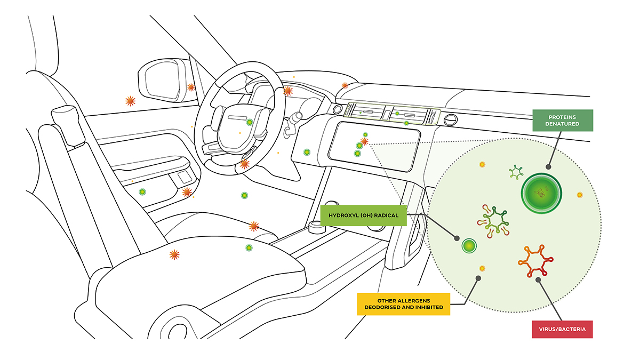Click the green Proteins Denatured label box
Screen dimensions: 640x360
pyautogui.click(x=563, y=121)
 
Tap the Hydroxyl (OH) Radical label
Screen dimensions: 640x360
pyautogui.click(x=363, y=215)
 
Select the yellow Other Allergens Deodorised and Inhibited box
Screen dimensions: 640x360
pyautogui.click(x=403, y=304)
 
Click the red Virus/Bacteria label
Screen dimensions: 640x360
pyautogui.click(x=562, y=329)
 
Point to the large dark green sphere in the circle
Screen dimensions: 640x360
pyautogui.click(x=541, y=194)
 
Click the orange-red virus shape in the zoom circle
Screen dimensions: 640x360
pyautogui.click(x=535, y=261)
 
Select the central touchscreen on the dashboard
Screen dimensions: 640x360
pyautogui.click(x=374, y=146)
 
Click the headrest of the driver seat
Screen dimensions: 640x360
pyautogui.click(x=68, y=125)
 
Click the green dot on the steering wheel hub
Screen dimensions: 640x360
pyautogui.click(x=250, y=122)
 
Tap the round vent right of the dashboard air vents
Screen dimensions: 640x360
pyautogui.click(x=451, y=120)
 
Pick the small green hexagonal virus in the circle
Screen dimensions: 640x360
pyautogui.click(x=516, y=172)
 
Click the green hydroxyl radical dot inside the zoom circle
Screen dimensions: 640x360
pyautogui.click(x=469, y=246)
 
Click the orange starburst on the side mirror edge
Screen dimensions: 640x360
pyautogui.click(x=191, y=87)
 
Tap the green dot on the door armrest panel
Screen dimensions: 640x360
pyautogui.click(x=142, y=191)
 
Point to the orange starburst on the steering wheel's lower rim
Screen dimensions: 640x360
pyautogui.click(x=244, y=164)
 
